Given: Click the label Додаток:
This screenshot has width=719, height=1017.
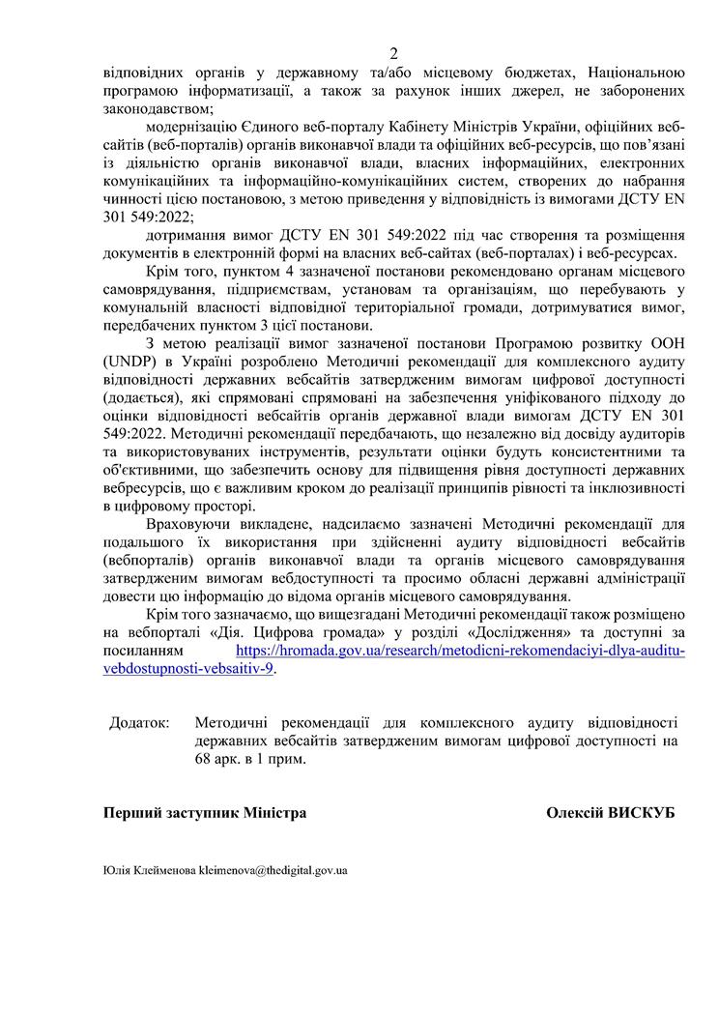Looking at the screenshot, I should [x=138, y=722].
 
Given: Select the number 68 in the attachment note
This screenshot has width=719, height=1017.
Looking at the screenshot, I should [x=204, y=759].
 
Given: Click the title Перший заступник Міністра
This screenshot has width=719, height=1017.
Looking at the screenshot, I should [x=205, y=813].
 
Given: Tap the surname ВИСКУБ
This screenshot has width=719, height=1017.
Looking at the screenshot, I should [x=641, y=813].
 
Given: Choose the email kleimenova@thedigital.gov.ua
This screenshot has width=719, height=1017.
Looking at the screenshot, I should [x=273, y=870].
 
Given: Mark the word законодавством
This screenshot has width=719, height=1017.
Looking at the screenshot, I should [x=153, y=107].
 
